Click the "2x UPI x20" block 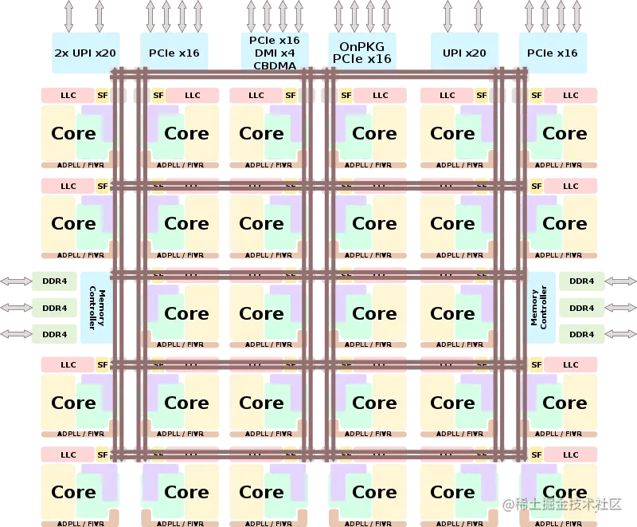point(85,53)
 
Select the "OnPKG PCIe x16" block point(361,53)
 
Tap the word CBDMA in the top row point(274,66)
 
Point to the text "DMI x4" point(274,53)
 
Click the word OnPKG point(361,47)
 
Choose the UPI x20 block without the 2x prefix point(463,53)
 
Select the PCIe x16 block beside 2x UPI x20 point(174,53)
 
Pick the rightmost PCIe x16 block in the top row point(552,53)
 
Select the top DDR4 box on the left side point(54,281)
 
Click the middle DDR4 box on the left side point(54,308)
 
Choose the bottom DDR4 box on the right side point(581,334)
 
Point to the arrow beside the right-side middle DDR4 point(620,308)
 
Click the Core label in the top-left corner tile point(73,133)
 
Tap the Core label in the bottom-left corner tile point(73,493)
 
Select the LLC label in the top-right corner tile point(571,96)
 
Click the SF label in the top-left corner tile point(102,96)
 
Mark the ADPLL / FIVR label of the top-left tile point(80,165)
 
